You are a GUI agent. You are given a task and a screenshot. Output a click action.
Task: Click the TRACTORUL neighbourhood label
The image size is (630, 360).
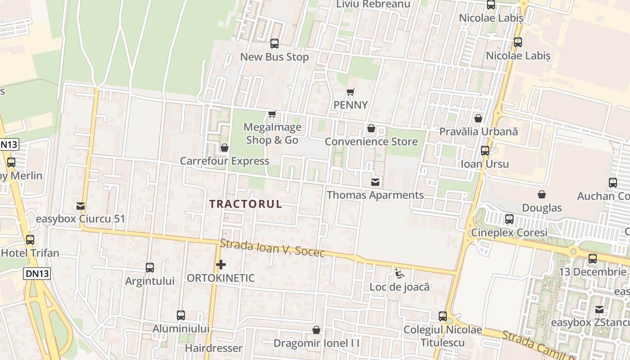(x=246, y=204)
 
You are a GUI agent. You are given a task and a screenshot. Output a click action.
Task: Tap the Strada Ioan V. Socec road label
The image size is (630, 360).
(x=272, y=248)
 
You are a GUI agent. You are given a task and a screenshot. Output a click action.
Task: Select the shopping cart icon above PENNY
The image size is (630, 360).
(x=351, y=92)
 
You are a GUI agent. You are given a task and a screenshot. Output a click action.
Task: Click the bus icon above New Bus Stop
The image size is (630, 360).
(x=274, y=44)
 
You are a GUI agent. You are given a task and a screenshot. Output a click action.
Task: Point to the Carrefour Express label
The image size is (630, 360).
(x=225, y=161)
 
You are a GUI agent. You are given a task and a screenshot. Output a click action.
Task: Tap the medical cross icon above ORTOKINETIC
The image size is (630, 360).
(x=220, y=265)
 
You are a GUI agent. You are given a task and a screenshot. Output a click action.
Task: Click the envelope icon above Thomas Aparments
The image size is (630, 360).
(x=375, y=182)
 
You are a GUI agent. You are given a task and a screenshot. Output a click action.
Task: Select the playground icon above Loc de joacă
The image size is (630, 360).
(x=400, y=274)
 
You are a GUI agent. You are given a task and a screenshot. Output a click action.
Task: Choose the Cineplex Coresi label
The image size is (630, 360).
(x=509, y=233)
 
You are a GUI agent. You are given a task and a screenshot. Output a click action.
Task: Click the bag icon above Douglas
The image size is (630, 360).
(x=542, y=194)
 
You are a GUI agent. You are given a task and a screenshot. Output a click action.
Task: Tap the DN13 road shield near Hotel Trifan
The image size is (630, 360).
(x=37, y=273)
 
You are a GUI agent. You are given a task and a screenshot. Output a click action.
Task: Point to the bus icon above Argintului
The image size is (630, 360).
(x=150, y=268)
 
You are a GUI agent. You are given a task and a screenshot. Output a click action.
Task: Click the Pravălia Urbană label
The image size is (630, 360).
(x=478, y=132)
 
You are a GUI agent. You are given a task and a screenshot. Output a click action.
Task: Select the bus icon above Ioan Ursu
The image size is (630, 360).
(x=485, y=151)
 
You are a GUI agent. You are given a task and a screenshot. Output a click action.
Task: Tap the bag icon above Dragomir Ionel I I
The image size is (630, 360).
(x=316, y=330)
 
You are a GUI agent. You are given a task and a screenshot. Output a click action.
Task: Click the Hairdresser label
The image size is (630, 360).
(x=214, y=348)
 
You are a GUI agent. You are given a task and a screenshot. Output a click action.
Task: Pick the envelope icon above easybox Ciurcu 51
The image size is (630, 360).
(x=81, y=206)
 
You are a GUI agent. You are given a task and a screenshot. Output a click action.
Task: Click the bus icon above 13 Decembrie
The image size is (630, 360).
(x=593, y=259)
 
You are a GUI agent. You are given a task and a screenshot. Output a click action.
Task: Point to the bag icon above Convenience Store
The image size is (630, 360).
(x=371, y=129)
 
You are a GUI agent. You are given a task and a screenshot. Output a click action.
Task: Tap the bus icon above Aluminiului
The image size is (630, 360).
(x=181, y=315)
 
